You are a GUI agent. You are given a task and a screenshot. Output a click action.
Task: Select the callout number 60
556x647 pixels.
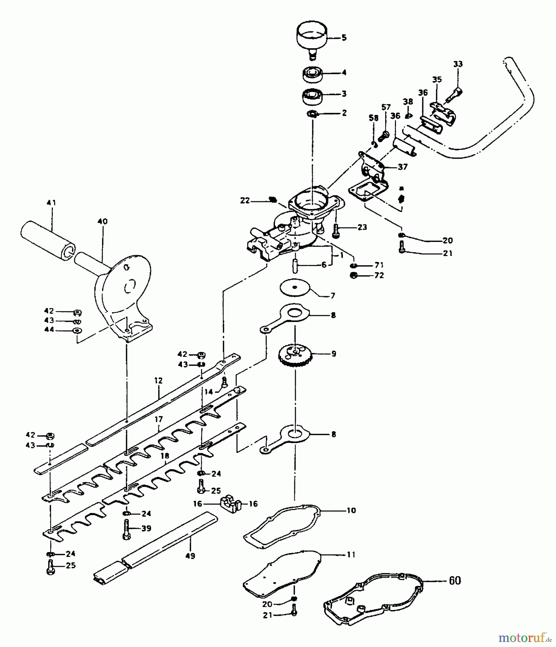coord(455,581)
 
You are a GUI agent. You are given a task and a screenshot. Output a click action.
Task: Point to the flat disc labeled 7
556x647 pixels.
coord(295,288)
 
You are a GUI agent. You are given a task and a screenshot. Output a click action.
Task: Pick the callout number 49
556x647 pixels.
coord(190,556)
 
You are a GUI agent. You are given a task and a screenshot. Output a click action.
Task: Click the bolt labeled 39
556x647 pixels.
coord(126,529)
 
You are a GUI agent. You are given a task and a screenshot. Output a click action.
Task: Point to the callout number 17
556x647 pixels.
coord(158,419)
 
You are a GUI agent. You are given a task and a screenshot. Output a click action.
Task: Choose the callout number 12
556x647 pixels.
coord(158,380)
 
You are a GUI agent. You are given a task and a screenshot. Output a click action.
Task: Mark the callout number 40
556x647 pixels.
coord(102,221)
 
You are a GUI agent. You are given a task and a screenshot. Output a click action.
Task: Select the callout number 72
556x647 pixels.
coord(379,275)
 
